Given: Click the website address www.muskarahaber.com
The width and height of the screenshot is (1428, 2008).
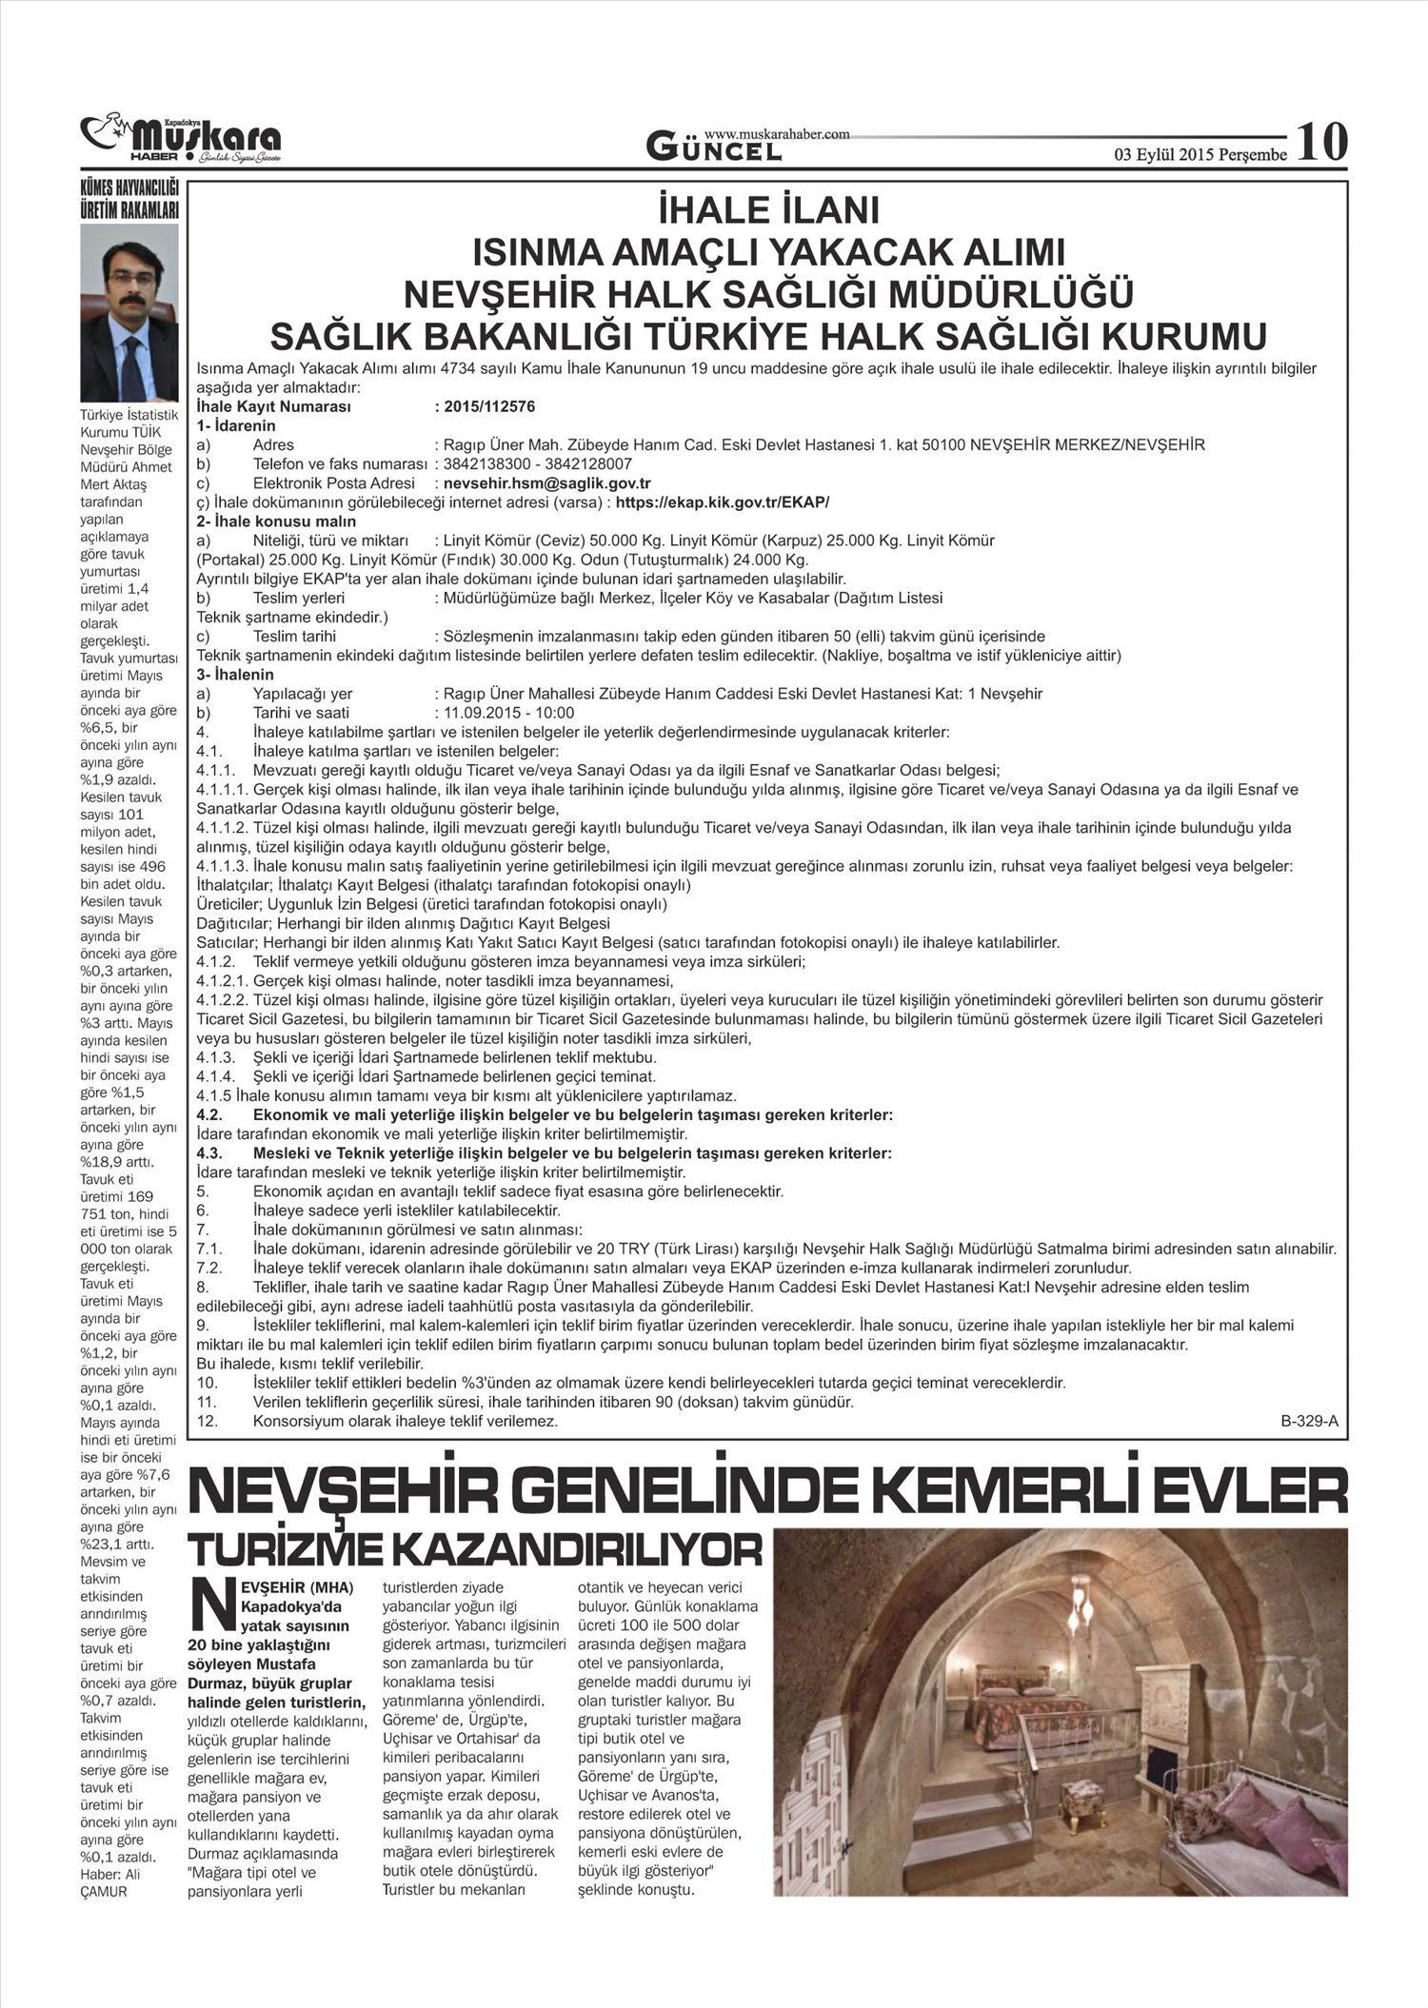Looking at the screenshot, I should pos(776,134).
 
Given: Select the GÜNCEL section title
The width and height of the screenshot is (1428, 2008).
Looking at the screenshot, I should pos(714,148).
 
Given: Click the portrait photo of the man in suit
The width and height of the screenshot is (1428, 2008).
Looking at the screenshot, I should pos(129,313).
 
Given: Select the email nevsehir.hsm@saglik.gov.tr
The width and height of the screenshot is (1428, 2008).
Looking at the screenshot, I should pos(547,483).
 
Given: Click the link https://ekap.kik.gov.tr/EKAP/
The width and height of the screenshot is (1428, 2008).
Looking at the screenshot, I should pos(723,502).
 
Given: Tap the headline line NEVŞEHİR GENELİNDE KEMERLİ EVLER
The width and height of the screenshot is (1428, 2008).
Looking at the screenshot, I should pos(769,1492).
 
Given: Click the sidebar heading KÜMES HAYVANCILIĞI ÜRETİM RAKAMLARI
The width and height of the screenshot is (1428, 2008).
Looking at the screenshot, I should pos(129,202).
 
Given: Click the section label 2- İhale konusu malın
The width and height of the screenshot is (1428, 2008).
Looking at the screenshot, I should pos(276,522).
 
